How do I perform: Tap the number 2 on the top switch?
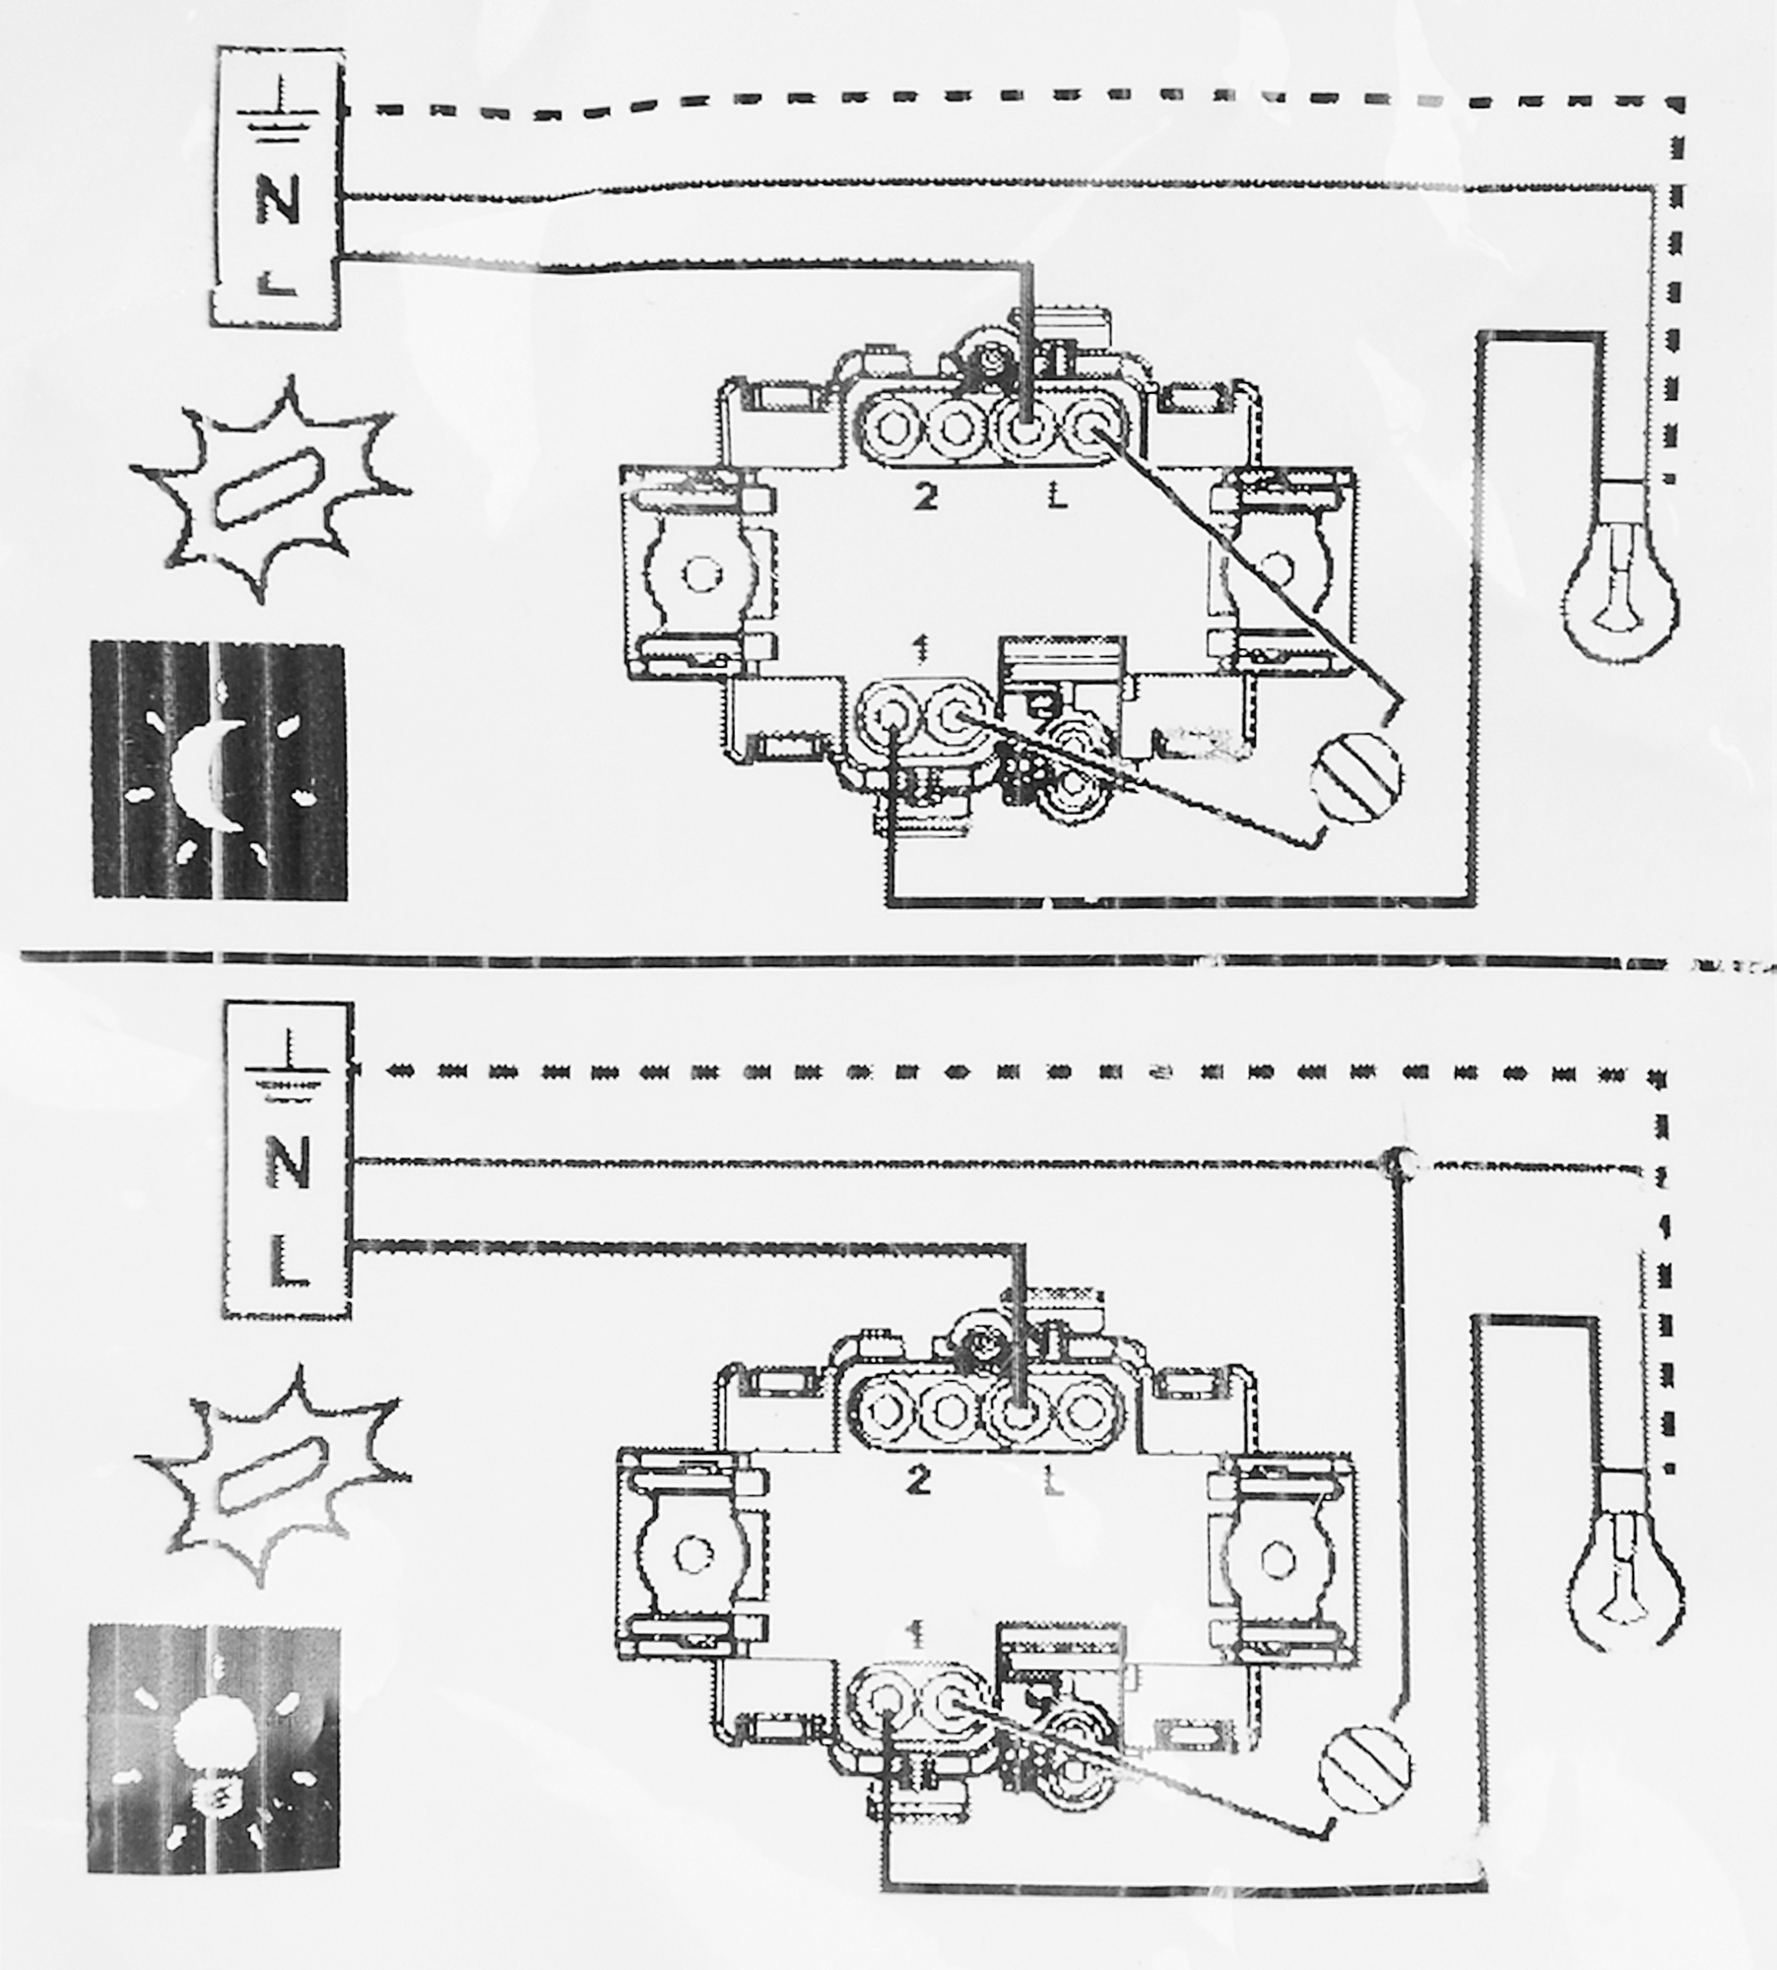(x=924, y=498)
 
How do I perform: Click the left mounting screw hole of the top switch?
(x=701, y=572)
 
